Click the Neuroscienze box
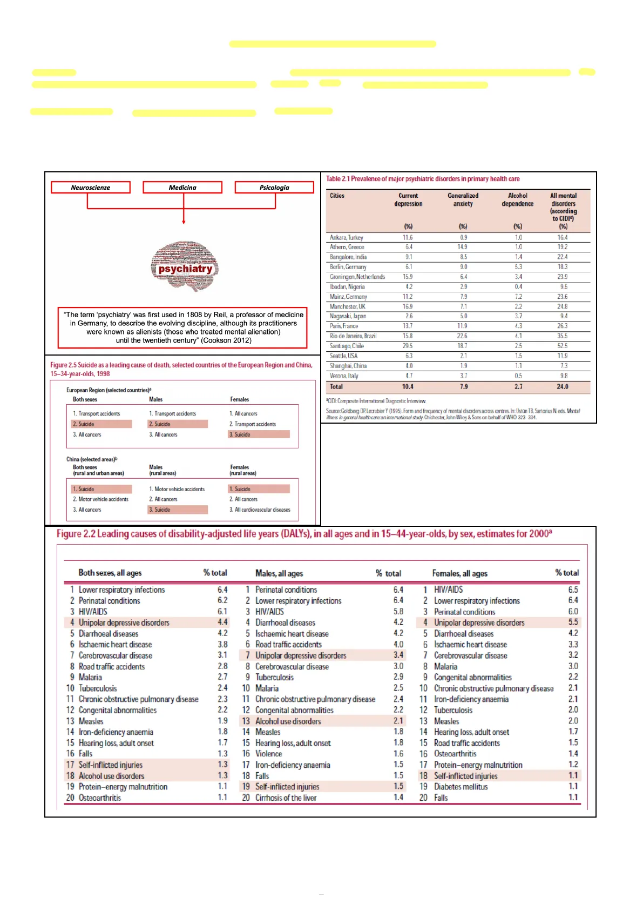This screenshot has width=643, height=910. coord(91,188)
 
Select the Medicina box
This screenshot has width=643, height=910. coord(182,188)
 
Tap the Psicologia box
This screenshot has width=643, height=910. coord(274,188)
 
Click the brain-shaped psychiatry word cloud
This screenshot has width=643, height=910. coord(185,266)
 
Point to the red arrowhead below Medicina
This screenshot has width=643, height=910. coord(184,222)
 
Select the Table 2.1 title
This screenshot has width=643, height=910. coord(423,179)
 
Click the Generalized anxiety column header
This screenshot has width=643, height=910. coord(463,199)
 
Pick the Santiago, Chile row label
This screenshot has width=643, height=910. coord(347,346)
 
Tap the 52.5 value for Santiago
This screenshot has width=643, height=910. coord(563,346)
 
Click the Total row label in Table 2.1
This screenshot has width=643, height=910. coord(336,387)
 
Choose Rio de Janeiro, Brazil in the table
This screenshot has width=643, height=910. coord(353,336)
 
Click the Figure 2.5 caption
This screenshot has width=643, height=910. coord(181,369)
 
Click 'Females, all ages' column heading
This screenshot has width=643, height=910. coord(459,573)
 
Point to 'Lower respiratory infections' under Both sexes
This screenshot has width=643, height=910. coord(121,590)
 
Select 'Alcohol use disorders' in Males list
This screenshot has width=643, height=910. coord(288,721)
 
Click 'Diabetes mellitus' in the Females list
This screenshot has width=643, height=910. coord(461,787)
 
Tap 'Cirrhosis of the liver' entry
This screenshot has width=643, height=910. coord(286,798)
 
